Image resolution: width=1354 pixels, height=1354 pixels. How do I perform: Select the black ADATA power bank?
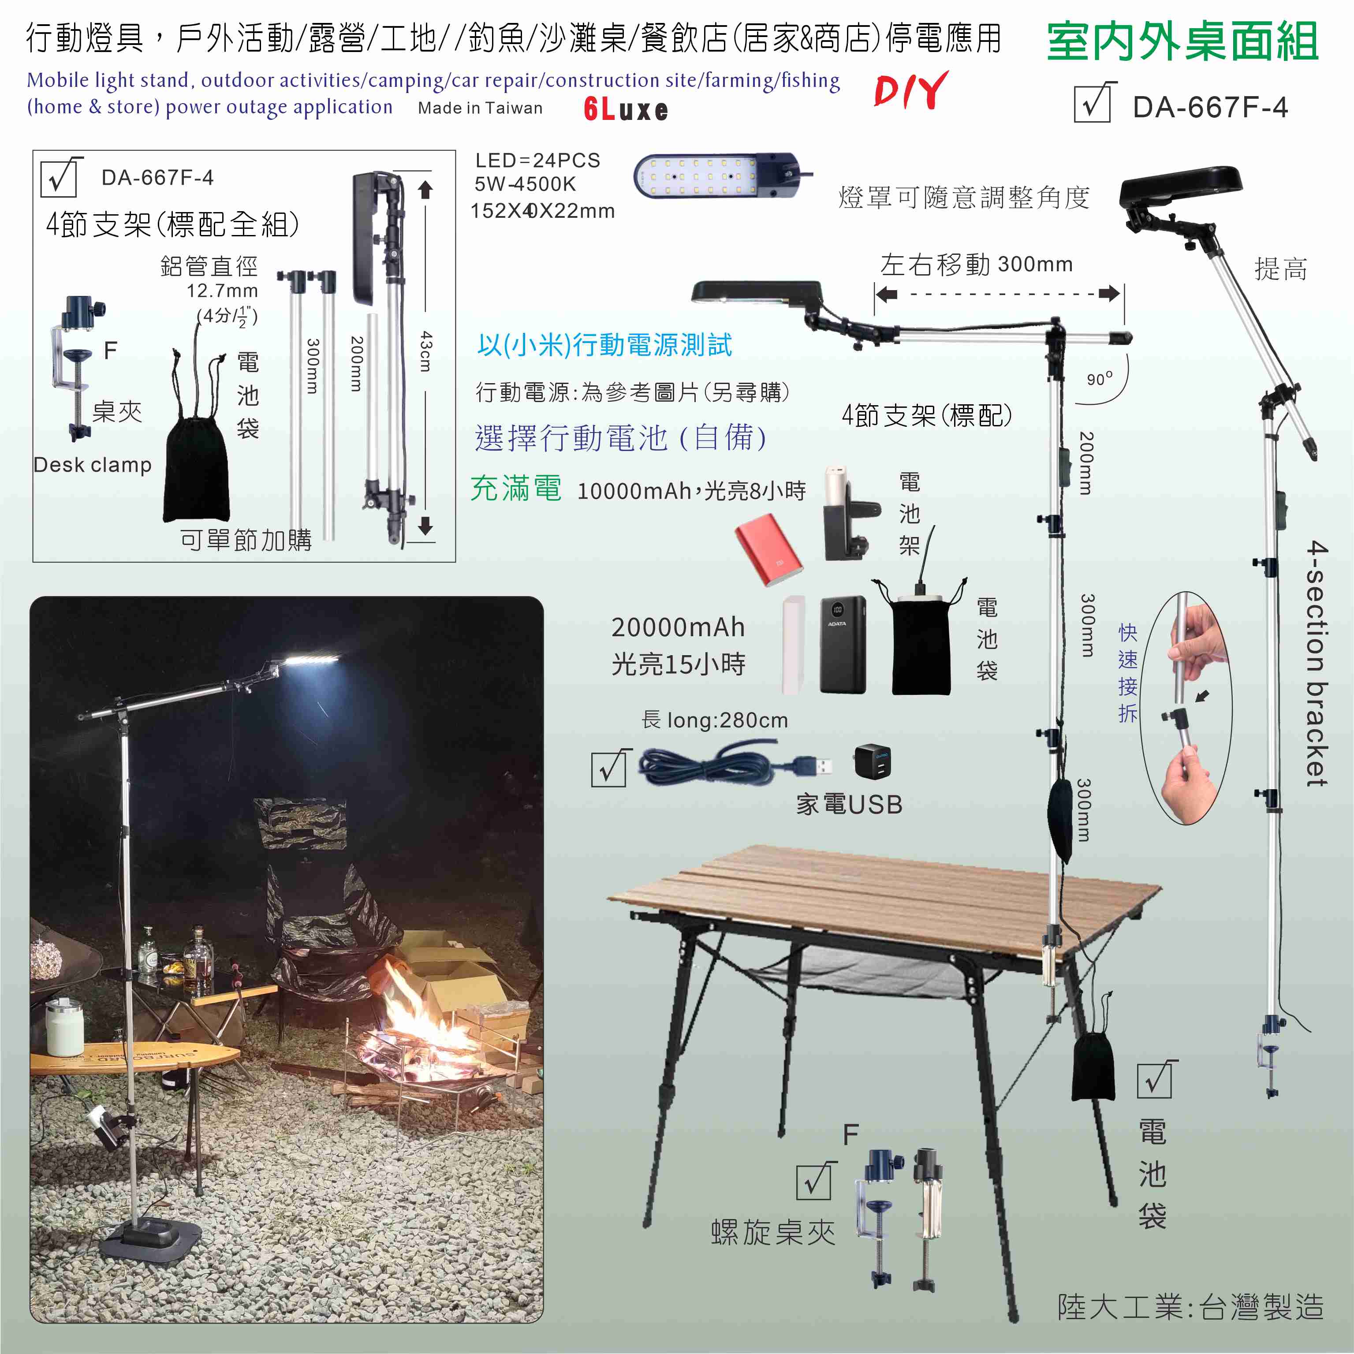tap(843, 645)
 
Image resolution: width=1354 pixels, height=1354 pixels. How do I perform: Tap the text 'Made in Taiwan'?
tap(480, 108)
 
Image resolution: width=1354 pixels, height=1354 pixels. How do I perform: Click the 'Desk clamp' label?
tap(93, 465)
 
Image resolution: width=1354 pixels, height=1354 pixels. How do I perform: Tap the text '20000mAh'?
tap(678, 627)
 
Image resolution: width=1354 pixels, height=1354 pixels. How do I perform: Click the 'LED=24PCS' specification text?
tap(537, 160)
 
